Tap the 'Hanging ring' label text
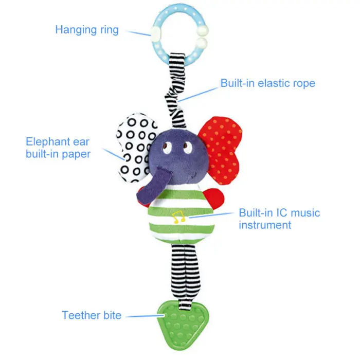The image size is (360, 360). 87,29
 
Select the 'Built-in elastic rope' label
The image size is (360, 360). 267,83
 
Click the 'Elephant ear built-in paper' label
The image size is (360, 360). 58,147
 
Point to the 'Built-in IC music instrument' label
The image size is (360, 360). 279,219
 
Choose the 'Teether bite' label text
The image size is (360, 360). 92,315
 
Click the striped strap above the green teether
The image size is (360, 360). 181,273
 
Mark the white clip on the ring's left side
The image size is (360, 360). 155,34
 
